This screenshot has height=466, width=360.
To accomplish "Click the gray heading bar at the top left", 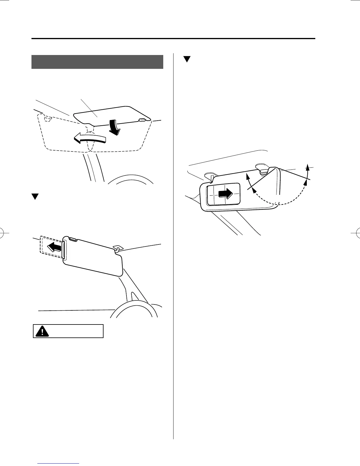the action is pyautogui.click(x=97, y=62).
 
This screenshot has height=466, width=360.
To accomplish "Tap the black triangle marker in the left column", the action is pyautogui.click(x=35, y=197).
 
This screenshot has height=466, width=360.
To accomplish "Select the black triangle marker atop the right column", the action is pyautogui.click(x=187, y=59).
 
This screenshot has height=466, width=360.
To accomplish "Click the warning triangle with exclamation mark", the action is pyautogui.click(x=43, y=331).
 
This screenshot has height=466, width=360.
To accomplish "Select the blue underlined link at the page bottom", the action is pyautogui.click(x=59, y=464).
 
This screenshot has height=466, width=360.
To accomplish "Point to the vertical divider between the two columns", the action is pyautogui.click(x=174, y=235).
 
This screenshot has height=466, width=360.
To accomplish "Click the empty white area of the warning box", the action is pyautogui.click(x=76, y=331).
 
